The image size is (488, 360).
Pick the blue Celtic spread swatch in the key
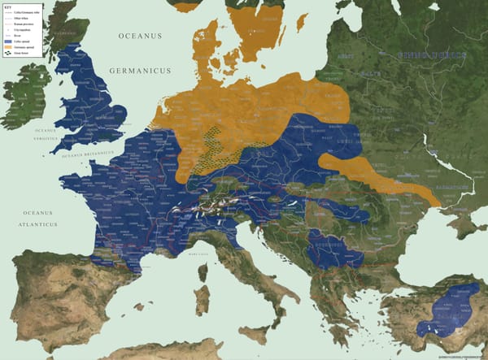tap(9, 41)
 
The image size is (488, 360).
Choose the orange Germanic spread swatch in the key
tap(9, 47)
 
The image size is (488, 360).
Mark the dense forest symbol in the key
tap(9, 53)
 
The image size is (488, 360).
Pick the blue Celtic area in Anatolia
tap(452, 310)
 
